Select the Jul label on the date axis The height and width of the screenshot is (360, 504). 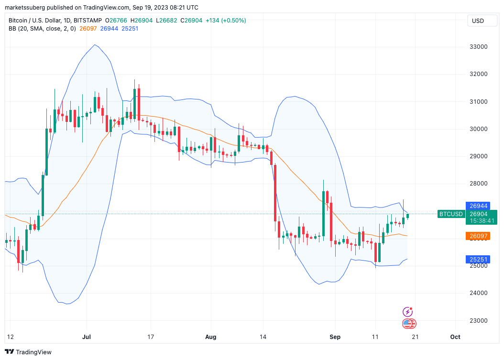coord(87,337)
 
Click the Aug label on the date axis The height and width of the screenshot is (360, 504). coord(210,337)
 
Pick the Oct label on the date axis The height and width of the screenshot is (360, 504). coord(455,337)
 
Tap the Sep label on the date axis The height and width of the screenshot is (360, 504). coord(335,337)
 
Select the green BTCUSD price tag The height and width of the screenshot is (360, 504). coord(451,214)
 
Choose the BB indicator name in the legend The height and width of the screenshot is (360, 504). coord(12,29)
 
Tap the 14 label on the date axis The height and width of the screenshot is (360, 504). coord(263,337)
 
